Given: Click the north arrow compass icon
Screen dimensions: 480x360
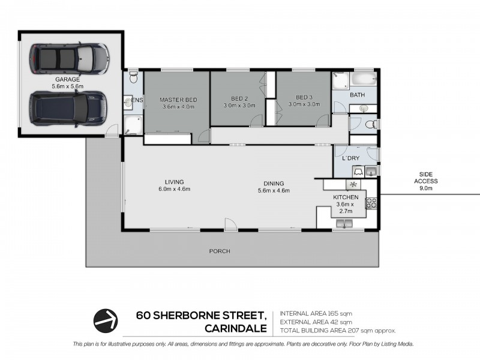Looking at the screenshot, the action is point(106,321).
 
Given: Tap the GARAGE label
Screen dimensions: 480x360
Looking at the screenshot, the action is point(68,80).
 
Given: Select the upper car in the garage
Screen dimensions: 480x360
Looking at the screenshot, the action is point(69,58).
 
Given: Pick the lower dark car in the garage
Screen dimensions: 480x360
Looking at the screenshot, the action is point(68,109).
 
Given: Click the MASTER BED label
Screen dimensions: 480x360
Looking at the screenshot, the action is point(178,100).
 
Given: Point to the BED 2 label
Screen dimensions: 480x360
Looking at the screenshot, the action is point(239,98).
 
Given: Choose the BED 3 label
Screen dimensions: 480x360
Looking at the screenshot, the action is point(304,97).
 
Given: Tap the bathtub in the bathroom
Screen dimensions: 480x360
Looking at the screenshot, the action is point(364,79).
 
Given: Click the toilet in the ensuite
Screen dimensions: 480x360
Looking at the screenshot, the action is point(133,77).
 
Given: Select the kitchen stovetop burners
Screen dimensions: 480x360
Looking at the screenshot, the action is point(371,203).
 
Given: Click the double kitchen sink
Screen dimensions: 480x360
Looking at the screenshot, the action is point(344,224).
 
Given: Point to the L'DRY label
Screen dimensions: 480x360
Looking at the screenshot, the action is point(351,158).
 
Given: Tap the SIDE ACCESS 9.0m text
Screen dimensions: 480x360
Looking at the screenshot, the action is point(426,181).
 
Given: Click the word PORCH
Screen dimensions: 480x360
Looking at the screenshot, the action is point(220,251).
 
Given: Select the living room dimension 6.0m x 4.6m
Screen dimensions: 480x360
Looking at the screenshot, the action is point(175,189).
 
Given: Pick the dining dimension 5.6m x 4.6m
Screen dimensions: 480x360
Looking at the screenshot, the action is point(274,190).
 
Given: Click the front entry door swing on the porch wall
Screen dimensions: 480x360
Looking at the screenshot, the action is point(231,224).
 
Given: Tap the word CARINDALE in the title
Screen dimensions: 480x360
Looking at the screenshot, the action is point(236,328).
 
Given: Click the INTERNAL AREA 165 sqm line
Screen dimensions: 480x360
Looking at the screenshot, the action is point(316,313).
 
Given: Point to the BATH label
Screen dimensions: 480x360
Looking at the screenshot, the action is point(357,95).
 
